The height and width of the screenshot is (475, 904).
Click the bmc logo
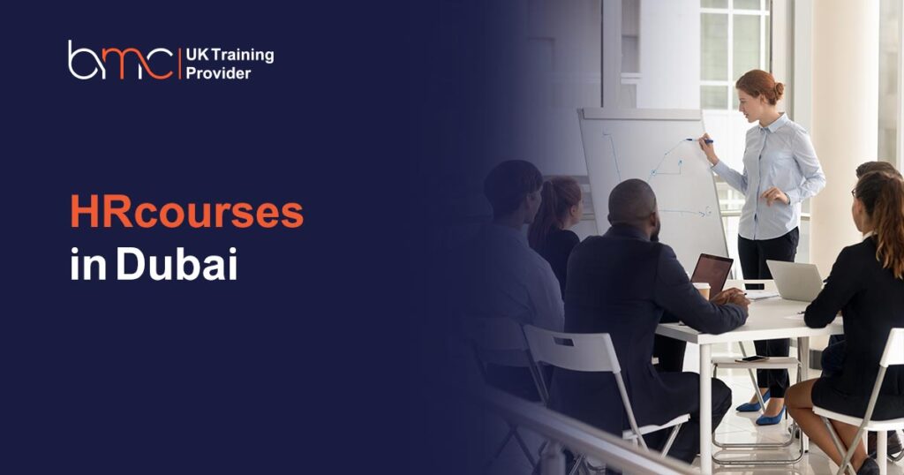click(120, 60)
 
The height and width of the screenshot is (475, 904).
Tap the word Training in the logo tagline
click(243, 56)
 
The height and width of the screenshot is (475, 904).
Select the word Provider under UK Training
click(219, 74)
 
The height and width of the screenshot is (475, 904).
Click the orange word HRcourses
click(187, 212)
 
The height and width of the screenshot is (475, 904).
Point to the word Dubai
click(177, 263)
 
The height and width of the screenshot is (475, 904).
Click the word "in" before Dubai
click(88, 264)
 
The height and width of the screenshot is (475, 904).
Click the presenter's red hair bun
click(779, 91)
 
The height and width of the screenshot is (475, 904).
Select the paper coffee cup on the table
click(702, 290)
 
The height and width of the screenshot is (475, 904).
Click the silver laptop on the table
click(795, 280)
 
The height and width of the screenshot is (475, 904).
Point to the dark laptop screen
click(712, 275)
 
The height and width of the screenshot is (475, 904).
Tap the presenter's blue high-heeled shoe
click(770, 417)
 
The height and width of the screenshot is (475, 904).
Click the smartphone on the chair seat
click(751, 358)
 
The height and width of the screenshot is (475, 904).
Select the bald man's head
click(633, 205)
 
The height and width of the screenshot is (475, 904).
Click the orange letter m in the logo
click(137, 64)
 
